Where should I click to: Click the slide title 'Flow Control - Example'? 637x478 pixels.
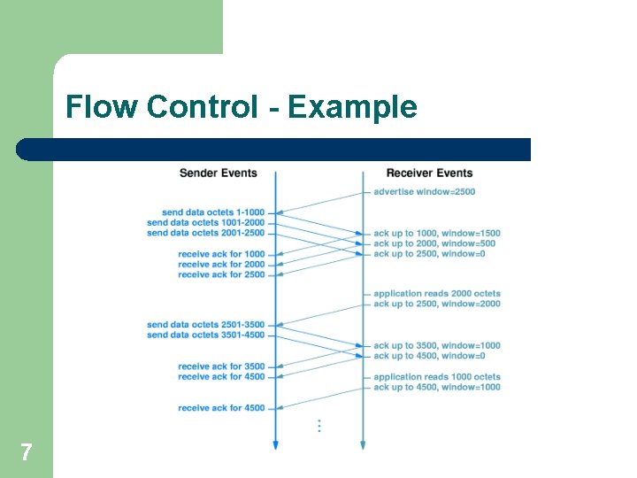point(241,107)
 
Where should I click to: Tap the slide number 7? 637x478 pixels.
point(27,452)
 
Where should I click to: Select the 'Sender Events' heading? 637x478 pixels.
point(218,173)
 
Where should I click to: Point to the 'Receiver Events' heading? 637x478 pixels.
point(429,173)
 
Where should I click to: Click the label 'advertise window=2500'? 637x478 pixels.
point(424,191)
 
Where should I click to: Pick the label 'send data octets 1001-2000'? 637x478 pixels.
point(205,222)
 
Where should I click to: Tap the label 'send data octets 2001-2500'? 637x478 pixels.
point(205,233)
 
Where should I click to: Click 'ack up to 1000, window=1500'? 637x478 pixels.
point(436,233)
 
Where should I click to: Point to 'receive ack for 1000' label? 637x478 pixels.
point(221,254)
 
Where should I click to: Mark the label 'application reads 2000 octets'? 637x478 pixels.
point(436,294)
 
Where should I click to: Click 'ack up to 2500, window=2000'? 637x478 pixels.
point(436,304)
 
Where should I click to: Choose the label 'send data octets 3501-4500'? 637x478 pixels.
point(205,335)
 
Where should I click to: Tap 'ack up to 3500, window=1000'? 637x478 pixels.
point(436,346)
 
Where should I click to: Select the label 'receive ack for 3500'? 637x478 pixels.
point(221,366)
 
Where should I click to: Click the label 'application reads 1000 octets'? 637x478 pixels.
point(436,377)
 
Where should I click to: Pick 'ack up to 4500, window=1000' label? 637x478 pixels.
point(436,387)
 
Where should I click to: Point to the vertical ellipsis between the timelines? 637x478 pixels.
point(318,426)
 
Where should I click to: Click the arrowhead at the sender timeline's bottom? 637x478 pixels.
point(275,445)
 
